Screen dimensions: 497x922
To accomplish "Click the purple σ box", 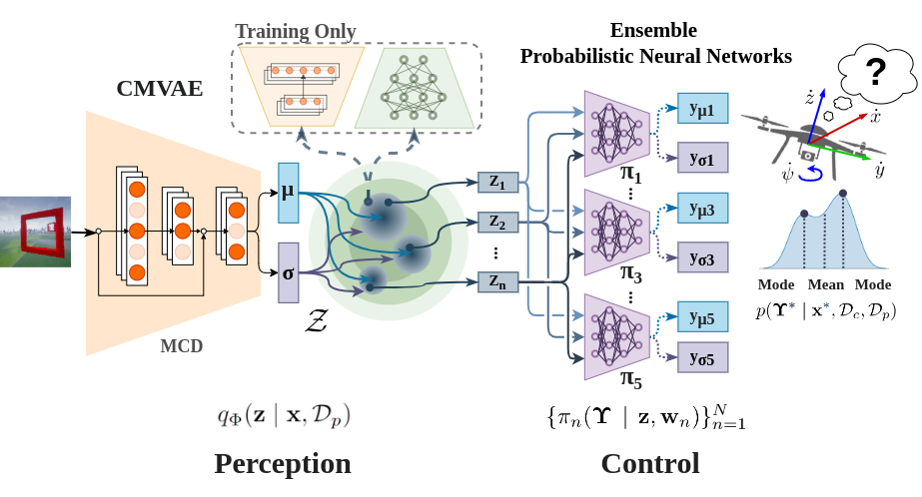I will [289, 272].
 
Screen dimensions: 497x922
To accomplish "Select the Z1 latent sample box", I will [497, 183].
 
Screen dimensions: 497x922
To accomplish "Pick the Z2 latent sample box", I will [497, 222].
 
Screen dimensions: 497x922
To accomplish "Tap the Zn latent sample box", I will [497, 281].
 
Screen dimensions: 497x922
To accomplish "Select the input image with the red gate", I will [35, 232].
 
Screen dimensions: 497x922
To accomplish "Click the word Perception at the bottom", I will [283, 464].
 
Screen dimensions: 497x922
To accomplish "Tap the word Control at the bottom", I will [649, 464].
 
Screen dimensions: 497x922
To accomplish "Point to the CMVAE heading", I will [159, 89].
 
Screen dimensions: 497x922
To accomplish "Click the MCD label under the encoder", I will [182, 347].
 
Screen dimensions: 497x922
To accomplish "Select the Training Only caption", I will [296, 31].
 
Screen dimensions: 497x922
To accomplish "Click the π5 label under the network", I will [631, 380].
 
